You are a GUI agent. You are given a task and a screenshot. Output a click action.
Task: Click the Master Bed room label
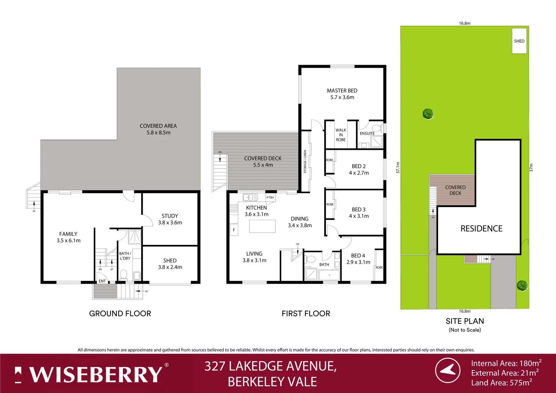[x=342, y=91]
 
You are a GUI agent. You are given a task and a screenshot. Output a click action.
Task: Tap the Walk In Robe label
[x=341, y=135]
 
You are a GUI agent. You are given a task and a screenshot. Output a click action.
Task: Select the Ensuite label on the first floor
[x=367, y=134]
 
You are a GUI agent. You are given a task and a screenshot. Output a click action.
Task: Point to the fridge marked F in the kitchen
[x=234, y=230]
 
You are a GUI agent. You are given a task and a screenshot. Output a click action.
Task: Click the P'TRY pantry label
[x=270, y=198]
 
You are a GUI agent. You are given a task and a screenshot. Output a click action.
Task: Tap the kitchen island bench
[x=262, y=226]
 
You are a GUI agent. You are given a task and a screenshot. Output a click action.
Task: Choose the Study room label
[x=170, y=216]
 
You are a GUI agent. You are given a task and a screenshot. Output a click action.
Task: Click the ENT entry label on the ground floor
[x=102, y=281]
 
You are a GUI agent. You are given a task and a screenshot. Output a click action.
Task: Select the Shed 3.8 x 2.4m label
[x=170, y=264]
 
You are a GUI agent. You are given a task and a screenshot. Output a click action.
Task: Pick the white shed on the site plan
[x=519, y=41]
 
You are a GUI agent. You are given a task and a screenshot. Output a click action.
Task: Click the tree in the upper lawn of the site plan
[x=428, y=114]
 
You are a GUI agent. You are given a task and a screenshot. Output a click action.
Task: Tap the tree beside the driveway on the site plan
[x=522, y=285]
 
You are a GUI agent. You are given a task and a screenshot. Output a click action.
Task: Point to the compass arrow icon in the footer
[x=448, y=370]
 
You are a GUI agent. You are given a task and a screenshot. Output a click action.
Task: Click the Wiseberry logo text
[x=96, y=374]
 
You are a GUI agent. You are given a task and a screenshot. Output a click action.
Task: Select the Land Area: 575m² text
[x=501, y=383]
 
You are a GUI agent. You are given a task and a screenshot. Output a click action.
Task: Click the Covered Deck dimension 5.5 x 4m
[x=263, y=165]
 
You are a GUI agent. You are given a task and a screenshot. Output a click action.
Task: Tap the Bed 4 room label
[x=358, y=255]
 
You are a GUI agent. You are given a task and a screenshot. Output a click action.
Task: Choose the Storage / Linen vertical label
[x=305, y=162]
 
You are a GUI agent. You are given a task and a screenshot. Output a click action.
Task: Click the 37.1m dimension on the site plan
[x=398, y=167]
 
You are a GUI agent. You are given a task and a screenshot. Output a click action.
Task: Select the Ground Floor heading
[x=120, y=314]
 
